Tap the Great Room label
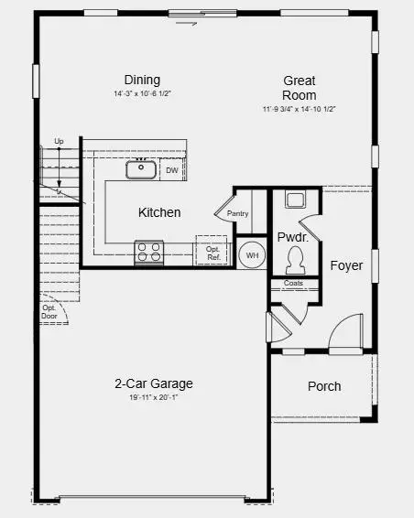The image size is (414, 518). point(300,88)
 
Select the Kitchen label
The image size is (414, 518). point(159,212)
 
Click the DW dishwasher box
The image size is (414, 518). point(172,169)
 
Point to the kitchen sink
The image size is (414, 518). point(141,167)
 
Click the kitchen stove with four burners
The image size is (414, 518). point(148,252)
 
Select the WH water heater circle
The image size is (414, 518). point(252,255)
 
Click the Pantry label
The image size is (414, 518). point(237,213)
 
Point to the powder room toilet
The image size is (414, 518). point(296,263)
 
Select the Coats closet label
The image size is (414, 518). point(294,284)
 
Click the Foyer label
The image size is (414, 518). point(347,266)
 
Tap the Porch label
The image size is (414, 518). point(324,386)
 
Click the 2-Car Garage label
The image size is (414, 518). point(153,383)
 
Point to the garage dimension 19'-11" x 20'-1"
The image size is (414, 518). point(153,398)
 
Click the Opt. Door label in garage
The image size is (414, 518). point(49,312)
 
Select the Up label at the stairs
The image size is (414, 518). point(59,141)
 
